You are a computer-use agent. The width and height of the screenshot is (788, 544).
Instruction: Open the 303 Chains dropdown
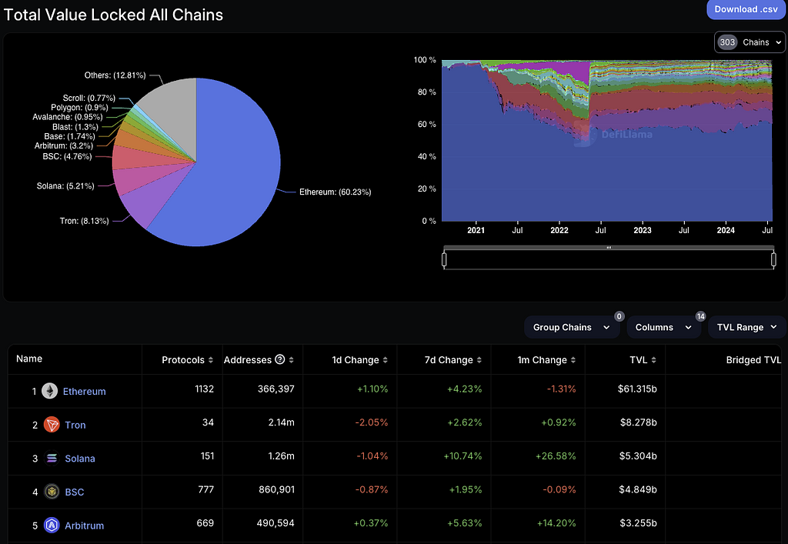(x=750, y=42)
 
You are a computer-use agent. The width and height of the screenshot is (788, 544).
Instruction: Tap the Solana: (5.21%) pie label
(x=65, y=185)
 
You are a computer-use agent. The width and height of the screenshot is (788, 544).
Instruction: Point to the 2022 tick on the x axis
(x=559, y=230)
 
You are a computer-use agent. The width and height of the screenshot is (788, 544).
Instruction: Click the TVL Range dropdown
(x=746, y=327)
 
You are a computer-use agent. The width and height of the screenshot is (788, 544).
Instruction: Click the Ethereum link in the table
(x=85, y=392)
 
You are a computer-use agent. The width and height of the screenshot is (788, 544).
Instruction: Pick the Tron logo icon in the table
(x=52, y=425)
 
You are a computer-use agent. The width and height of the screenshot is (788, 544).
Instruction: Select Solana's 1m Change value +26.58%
(x=554, y=456)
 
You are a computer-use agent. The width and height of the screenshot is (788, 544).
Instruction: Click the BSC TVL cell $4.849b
(x=638, y=491)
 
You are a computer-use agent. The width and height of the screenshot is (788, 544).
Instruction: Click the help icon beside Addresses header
(x=280, y=360)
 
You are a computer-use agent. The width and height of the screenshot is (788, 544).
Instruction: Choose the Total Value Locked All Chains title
(x=114, y=15)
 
